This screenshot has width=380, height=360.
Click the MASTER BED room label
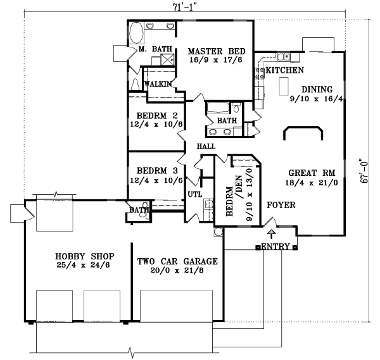coord(212,51)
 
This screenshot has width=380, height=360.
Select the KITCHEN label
coord(284,70)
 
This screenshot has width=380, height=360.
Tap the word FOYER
coord(280,205)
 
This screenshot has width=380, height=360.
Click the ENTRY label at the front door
coord(275,246)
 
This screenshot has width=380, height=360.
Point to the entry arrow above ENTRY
coord(273,235)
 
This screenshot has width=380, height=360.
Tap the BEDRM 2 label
coord(152,115)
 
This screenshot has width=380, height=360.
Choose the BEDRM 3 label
coord(152,170)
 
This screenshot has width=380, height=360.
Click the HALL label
coord(206,146)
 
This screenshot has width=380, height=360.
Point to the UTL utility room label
coord(194,194)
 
